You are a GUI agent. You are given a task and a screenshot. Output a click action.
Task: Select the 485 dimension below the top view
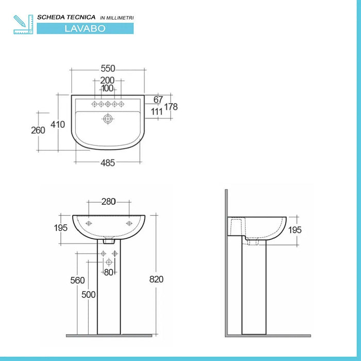107,162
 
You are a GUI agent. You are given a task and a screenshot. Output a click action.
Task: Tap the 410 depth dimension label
58,125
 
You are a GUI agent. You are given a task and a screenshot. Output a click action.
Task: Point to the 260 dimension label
38,130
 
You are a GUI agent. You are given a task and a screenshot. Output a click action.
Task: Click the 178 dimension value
171,107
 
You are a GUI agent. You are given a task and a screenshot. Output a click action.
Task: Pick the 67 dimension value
158,100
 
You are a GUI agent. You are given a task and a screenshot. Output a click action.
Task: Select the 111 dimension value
157,111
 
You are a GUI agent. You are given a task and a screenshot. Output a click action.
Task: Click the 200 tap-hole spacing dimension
107,80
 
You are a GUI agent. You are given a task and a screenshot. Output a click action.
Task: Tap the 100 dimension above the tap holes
107,89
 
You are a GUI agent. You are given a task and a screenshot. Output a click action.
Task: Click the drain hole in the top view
108,119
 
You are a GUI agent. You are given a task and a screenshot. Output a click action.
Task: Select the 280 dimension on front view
108,201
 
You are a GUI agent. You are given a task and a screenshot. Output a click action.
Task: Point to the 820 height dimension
156,279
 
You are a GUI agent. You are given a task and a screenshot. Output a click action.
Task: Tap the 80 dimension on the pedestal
108,272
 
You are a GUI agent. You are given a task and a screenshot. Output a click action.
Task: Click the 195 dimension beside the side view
295,230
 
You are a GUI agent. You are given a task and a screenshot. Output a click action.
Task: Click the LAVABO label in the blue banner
85,28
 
